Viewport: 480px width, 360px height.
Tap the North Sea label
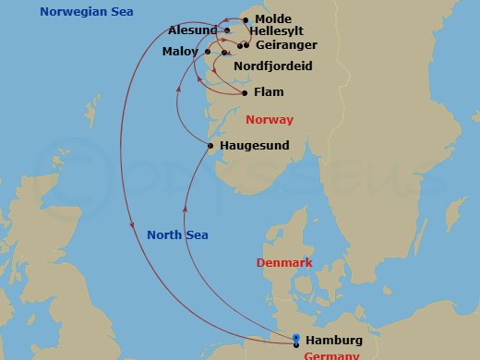click(x=175, y=234)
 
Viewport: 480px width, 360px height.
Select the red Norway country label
click(x=270, y=120)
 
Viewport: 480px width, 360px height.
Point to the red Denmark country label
click(x=284, y=263)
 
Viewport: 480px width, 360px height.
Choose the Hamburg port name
click(x=333, y=340)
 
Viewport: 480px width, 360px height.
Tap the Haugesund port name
click(x=253, y=146)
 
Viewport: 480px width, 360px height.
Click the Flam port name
click(x=269, y=92)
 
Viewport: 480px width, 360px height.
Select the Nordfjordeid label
click(x=273, y=67)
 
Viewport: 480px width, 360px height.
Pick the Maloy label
click(x=179, y=51)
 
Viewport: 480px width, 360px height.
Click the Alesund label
click(x=193, y=30)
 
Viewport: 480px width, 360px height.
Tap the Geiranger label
click(x=287, y=44)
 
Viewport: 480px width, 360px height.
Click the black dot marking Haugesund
click(x=210, y=146)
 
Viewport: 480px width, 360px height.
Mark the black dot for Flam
click(x=244, y=92)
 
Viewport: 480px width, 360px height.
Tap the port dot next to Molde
click(x=246, y=19)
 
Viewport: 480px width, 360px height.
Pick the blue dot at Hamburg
click(x=295, y=338)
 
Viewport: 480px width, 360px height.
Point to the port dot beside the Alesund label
click(x=227, y=30)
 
